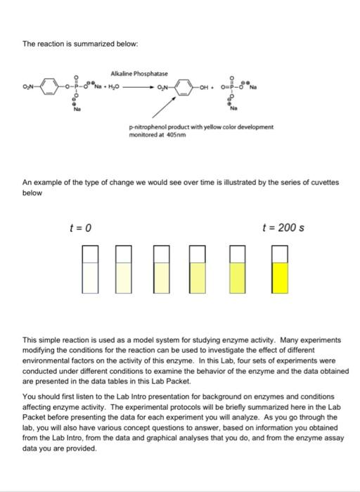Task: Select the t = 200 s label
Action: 282,228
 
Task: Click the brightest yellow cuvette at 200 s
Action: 280,270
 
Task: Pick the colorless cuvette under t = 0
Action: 90,270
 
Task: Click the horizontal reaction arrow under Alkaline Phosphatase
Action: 142,89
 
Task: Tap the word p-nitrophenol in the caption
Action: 146,127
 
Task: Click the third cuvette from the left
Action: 161,270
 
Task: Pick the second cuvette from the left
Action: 124,270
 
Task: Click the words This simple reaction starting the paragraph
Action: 53,339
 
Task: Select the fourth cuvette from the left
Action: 197,270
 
